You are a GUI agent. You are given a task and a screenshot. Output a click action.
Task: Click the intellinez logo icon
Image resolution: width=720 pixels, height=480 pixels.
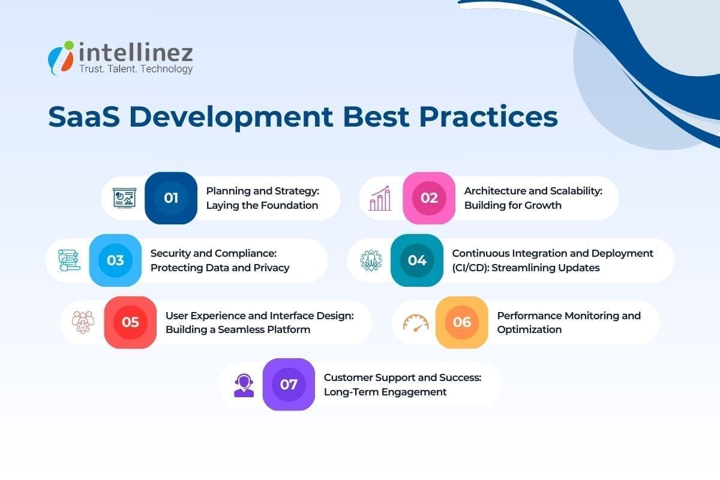61,58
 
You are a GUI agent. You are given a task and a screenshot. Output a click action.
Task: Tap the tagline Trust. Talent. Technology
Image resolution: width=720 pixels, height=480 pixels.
136,69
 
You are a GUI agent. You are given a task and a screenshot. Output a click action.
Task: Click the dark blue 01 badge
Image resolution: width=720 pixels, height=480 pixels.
171,198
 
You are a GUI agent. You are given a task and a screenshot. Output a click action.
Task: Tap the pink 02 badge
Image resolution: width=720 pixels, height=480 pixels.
429,198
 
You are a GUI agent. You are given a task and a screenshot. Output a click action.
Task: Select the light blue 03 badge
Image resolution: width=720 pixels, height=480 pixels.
115,260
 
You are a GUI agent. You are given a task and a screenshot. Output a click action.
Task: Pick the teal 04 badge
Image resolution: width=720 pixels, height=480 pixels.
417,260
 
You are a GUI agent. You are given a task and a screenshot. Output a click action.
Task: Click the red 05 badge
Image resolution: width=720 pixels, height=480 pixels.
130,322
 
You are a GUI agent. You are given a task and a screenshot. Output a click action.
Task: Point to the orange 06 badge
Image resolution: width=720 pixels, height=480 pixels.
461,322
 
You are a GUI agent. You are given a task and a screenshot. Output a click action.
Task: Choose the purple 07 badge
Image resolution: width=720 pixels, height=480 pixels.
289,385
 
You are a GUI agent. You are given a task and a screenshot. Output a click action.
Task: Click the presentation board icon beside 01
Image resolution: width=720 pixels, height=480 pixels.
125,198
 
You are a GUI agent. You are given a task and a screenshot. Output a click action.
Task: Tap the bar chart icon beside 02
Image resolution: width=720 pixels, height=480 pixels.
380,198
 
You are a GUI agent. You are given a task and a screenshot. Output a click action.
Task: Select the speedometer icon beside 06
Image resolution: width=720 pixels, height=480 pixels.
416,323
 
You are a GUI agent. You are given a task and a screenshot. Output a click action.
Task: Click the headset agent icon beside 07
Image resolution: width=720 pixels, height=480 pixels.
244,385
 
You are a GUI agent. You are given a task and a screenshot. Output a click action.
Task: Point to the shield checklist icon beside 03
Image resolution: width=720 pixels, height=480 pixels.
69,260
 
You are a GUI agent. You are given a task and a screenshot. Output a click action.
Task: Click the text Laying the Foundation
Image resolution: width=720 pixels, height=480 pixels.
262,205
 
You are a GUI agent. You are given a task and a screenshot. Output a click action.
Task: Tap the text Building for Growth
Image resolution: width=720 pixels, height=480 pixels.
513,205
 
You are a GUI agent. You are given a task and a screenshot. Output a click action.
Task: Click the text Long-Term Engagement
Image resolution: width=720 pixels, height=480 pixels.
385,392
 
